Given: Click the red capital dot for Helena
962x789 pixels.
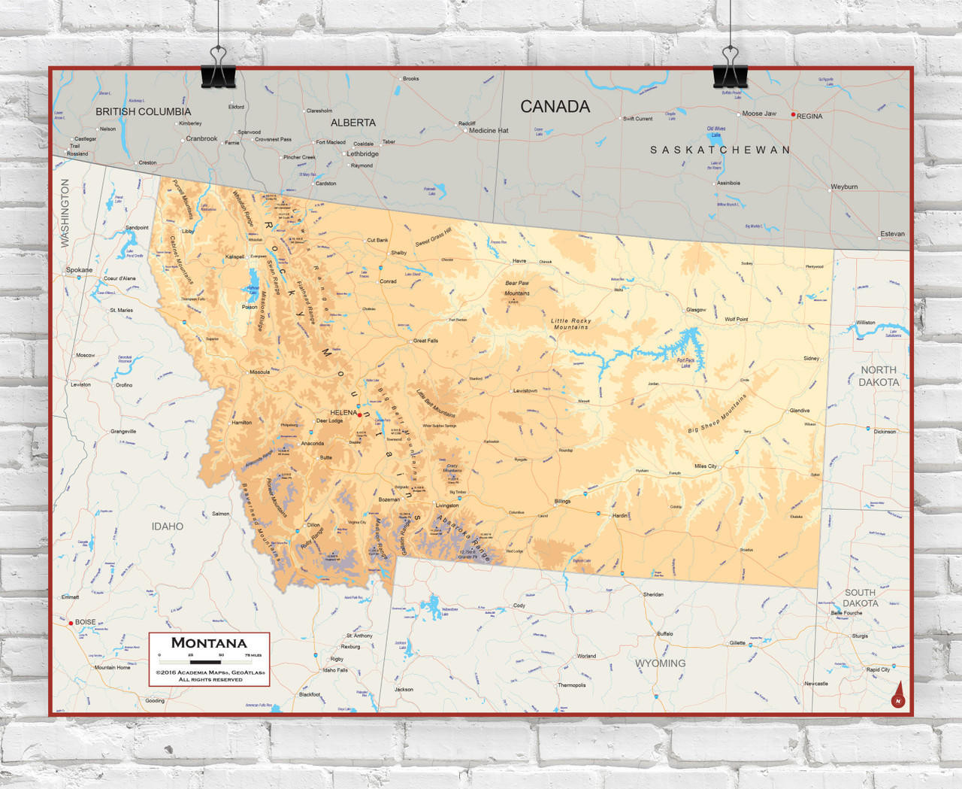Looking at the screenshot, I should (359, 414).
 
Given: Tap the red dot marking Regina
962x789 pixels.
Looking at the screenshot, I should (793, 115).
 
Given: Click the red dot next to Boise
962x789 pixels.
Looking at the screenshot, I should (71, 623).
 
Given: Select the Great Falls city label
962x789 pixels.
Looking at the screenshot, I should (425, 341).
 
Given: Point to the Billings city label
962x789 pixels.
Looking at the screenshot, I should (562, 501).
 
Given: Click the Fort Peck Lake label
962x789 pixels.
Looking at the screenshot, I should (685, 363).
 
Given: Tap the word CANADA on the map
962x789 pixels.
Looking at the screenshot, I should (555, 107).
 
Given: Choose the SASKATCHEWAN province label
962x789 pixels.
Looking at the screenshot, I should (719, 150).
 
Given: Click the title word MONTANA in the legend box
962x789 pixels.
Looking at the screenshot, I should (209, 643).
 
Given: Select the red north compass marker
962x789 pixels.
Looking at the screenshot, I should (897, 697).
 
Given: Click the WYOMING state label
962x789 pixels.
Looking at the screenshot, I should (660, 663).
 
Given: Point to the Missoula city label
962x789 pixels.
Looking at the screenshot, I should (259, 372).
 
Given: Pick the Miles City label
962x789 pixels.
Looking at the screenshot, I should (705, 466).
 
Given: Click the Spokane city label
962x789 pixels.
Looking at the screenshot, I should (79, 270).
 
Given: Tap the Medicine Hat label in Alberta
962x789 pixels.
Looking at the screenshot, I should (489, 131).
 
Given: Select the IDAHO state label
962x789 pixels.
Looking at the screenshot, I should (167, 527).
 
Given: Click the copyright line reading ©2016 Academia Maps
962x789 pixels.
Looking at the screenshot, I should (210, 672).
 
